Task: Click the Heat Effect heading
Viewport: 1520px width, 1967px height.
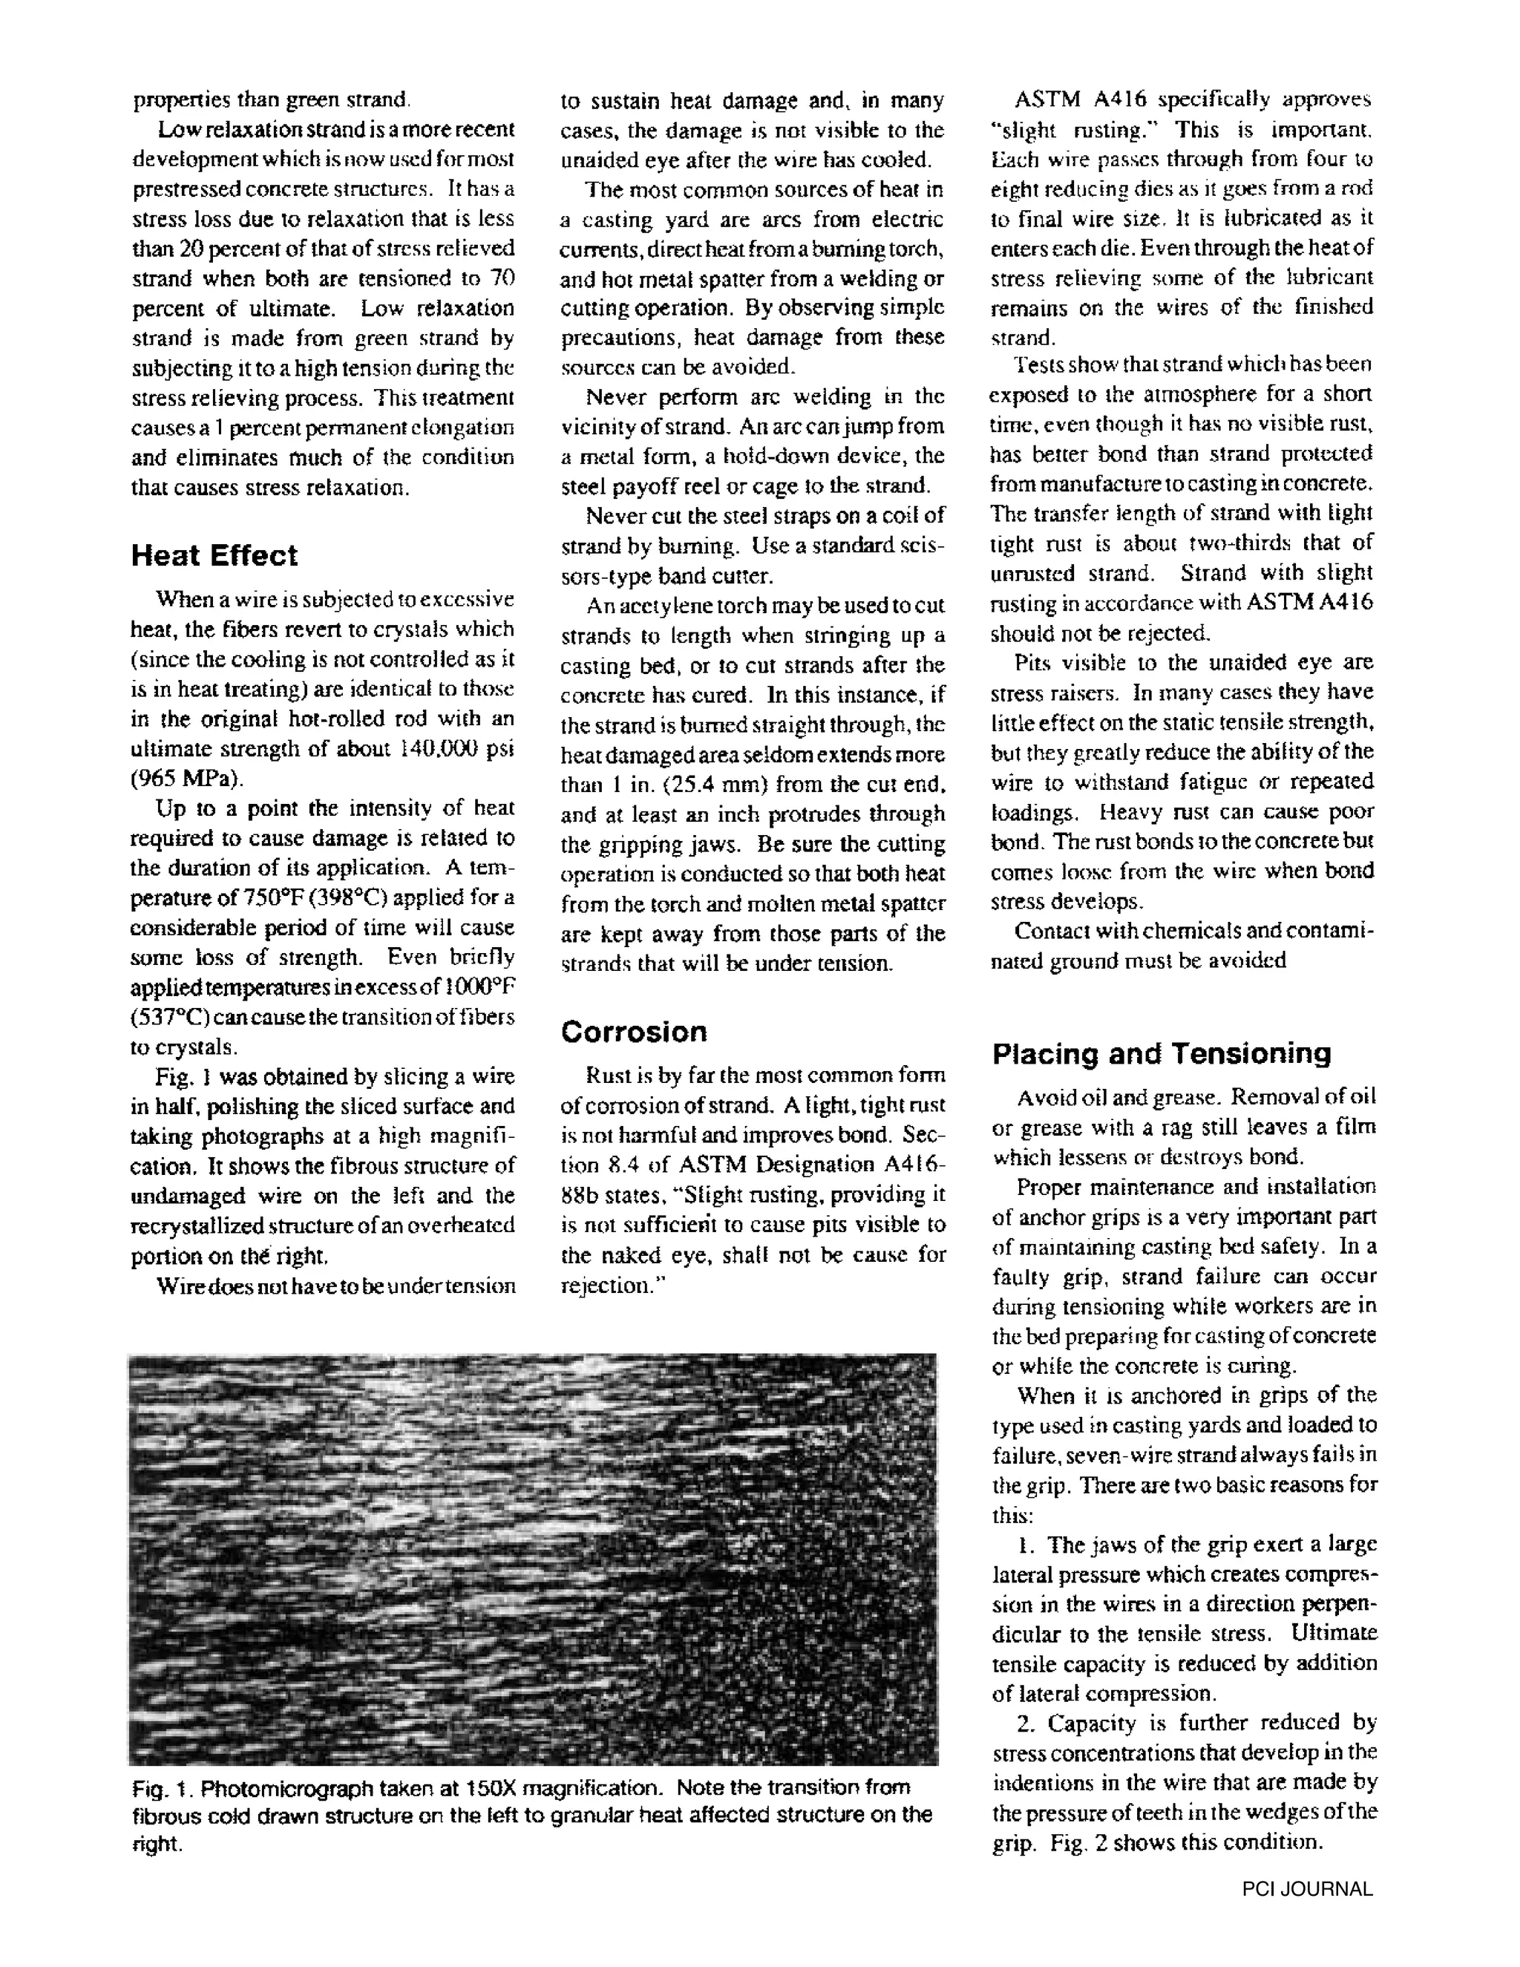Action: click(x=214, y=556)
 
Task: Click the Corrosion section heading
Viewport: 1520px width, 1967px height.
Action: click(x=634, y=1032)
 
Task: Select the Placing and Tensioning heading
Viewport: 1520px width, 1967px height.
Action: click(x=1162, y=1054)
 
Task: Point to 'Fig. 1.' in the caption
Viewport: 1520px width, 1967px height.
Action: click(x=156, y=1788)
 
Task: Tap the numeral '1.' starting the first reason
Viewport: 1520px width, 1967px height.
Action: click(x=1026, y=1545)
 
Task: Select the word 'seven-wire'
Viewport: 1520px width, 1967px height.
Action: click(x=1110, y=1456)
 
